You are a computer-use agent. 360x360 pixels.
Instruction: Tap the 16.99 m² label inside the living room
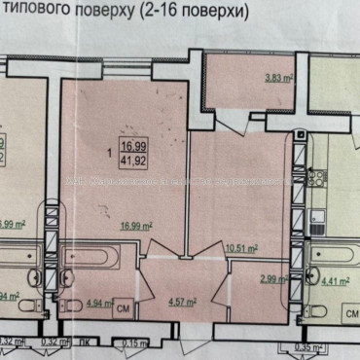136,225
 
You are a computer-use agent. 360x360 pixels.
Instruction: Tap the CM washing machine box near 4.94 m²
125,308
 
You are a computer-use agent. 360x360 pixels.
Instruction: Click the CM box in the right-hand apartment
349,316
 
